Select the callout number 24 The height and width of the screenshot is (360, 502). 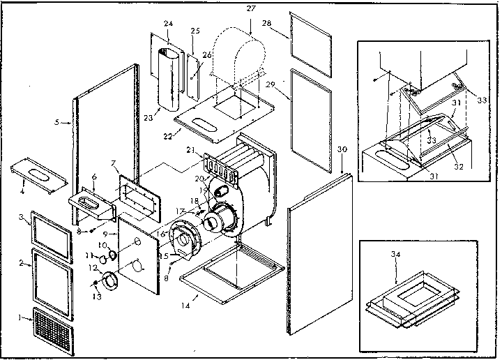click(168, 22)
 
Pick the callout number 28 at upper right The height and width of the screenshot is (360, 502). click(266, 23)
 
